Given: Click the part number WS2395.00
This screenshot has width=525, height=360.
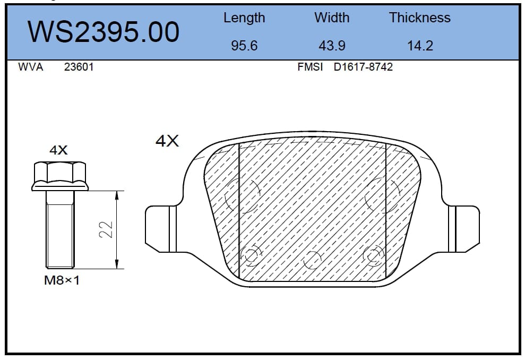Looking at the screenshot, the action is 104,32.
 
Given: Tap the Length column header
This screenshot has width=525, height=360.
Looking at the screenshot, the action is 244,18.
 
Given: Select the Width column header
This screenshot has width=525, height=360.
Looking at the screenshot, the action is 332,18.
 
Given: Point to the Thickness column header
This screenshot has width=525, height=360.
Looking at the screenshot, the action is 420,18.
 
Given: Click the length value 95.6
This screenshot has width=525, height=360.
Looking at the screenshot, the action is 244,46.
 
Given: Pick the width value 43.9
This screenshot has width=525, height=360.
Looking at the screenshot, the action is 332,46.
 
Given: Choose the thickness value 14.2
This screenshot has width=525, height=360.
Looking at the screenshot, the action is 420,46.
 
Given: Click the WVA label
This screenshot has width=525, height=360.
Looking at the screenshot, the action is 30,67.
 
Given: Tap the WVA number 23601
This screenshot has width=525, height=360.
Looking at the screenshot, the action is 79,67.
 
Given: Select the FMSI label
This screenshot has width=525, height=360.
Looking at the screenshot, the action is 310,67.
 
